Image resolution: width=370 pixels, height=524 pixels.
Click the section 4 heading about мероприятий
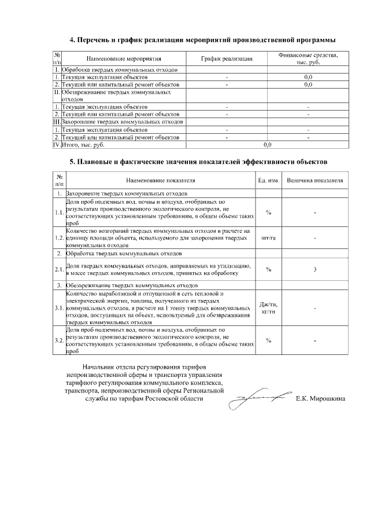(x=202, y=40)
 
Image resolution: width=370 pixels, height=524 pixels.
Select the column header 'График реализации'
(x=227, y=59)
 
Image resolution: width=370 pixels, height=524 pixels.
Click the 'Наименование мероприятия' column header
(x=124, y=59)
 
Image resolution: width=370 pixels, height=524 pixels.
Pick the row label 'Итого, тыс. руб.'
(x=82, y=145)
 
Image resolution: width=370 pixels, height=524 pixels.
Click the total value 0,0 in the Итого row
(x=267, y=145)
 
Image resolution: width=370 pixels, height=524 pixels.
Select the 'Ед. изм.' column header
(x=269, y=181)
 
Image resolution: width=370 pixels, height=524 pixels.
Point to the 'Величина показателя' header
(x=315, y=181)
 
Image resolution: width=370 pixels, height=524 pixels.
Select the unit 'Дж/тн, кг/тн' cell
(x=269, y=308)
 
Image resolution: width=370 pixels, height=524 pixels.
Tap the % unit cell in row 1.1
(x=269, y=212)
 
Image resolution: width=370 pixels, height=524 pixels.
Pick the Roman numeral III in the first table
(x=57, y=122)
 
